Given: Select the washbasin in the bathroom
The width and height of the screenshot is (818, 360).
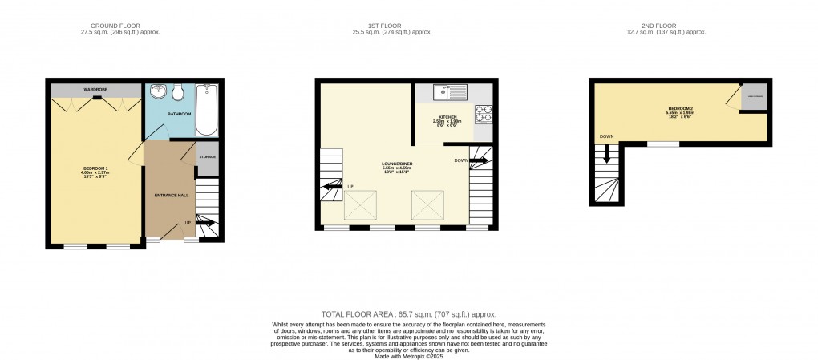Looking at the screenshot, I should coord(158,91).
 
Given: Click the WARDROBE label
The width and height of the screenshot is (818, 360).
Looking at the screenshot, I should coord(95,89).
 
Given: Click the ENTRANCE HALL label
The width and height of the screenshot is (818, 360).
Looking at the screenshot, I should coord(170,195).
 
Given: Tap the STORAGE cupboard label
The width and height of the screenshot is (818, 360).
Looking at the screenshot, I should coord(207,156).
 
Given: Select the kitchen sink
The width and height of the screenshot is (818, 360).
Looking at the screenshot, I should coord(451,93).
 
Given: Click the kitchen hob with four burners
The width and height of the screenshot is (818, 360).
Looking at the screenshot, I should coord(483,114).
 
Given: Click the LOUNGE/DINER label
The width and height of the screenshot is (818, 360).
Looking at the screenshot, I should coord(397,163).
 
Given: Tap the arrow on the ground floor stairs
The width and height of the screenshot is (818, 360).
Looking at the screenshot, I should coord(204,224).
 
